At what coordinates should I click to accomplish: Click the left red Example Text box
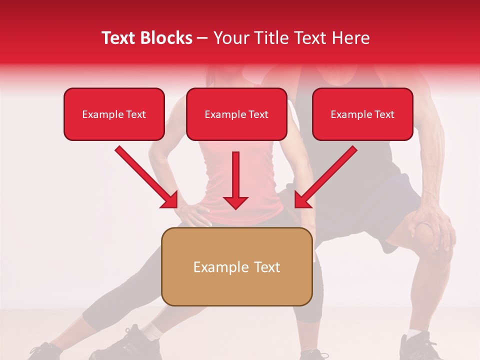click(x=114, y=114)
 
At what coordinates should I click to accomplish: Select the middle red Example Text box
click(x=236, y=114)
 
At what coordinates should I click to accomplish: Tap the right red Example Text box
click(x=362, y=114)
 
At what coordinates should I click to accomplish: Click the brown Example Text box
click(x=236, y=266)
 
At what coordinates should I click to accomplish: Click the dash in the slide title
click(x=202, y=38)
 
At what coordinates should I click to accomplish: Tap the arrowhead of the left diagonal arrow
click(x=170, y=200)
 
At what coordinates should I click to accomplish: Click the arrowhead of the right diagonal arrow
click(x=302, y=200)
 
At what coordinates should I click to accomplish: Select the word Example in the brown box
click(x=215, y=267)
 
